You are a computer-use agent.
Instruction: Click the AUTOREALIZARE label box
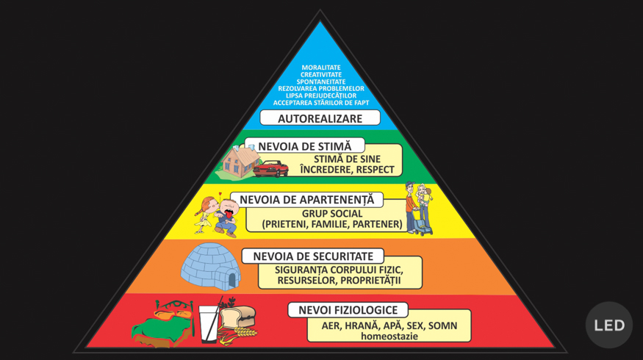[x=320, y=118]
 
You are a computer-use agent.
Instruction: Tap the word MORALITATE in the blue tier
[x=320, y=68]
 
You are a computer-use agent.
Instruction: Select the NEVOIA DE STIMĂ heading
[x=304, y=146]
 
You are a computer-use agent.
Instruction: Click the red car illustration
[x=270, y=168]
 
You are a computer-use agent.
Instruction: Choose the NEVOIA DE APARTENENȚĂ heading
[x=306, y=199]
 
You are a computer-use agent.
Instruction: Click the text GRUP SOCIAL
[x=332, y=214]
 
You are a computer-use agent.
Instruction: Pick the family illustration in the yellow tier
[x=419, y=209]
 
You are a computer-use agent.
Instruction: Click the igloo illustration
[x=211, y=266]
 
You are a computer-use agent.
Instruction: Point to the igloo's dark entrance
[x=232, y=280]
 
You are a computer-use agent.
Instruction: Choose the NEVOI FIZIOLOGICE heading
[x=348, y=310]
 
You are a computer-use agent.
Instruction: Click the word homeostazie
[x=389, y=336]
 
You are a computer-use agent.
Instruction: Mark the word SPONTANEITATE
[x=320, y=82]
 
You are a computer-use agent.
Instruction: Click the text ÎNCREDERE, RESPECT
[x=347, y=169]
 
